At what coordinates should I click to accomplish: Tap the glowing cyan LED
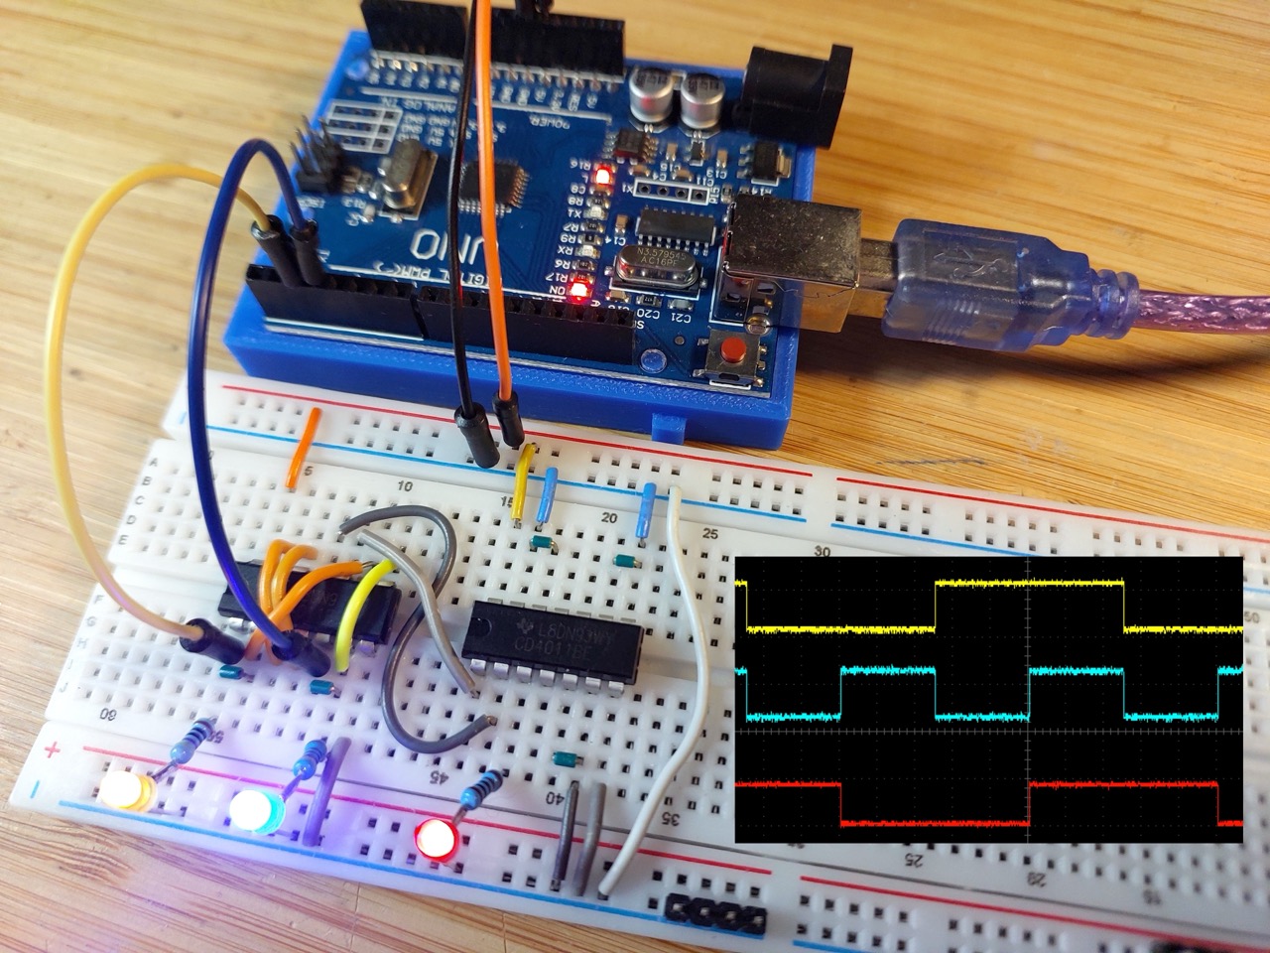253,811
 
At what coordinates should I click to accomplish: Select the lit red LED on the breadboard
435,837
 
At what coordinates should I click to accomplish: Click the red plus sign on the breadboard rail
53,750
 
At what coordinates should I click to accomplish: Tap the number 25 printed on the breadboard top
709,534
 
